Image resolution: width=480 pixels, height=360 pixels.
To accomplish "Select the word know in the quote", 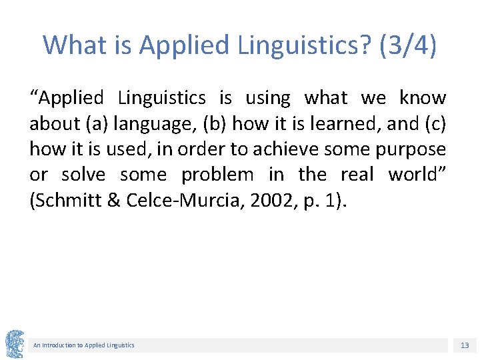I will point(423,98).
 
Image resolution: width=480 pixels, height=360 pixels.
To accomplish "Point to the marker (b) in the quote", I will point(213,124).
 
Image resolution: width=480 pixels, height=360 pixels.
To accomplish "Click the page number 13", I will point(465,345).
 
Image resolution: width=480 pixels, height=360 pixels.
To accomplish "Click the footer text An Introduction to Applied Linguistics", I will point(84,345).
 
